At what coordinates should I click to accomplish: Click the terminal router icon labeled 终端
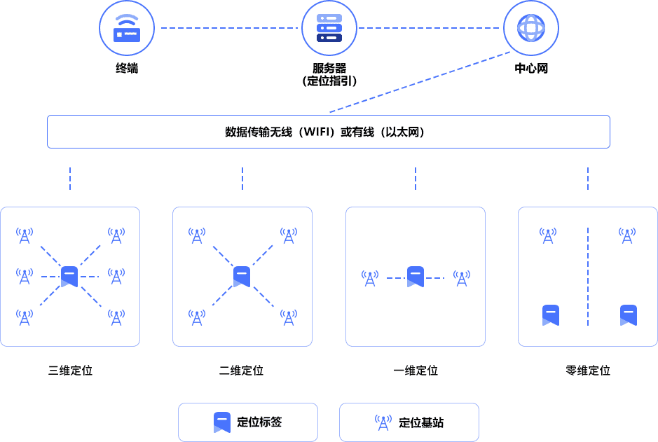tap(127, 29)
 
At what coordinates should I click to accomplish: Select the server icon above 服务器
tap(329, 29)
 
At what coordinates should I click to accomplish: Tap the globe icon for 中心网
tap(530, 29)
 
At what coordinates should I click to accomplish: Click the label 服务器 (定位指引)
tap(329, 74)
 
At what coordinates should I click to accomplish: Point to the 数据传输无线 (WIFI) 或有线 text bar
tap(329, 132)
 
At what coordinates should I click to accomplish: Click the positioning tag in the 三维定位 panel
tap(69, 276)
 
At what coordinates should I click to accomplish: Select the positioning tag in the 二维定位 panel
tap(242, 276)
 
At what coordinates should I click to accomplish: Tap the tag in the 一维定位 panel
tap(416, 277)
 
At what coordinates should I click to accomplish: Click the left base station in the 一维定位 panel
tap(370, 279)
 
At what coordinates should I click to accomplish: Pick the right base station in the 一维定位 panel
tap(461, 279)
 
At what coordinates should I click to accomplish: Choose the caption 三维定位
tap(70, 371)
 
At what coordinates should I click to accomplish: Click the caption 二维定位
tap(241, 371)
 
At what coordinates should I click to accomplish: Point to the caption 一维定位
tap(416, 371)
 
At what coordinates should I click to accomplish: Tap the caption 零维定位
tap(588, 371)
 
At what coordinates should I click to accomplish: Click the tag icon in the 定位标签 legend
tap(221, 422)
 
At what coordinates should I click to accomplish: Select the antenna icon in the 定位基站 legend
tap(383, 422)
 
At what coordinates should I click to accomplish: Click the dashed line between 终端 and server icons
tap(228, 29)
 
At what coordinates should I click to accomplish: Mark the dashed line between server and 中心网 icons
tap(430, 29)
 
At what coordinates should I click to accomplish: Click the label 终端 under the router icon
tap(127, 69)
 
